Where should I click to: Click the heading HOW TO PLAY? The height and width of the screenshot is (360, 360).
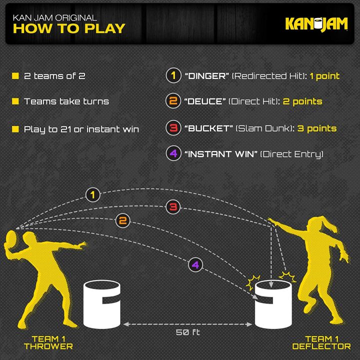click(x=68, y=28)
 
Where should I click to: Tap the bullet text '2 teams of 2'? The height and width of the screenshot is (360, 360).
click(x=54, y=76)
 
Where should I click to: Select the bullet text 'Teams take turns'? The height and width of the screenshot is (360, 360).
click(x=66, y=101)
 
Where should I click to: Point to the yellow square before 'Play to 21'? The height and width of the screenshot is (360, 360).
click(x=15, y=129)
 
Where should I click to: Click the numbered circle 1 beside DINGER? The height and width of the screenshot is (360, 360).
click(x=173, y=76)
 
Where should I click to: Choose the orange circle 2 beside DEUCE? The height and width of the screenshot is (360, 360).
click(x=173, y=101)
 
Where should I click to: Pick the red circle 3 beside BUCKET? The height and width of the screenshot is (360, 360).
click(x=173, y=128)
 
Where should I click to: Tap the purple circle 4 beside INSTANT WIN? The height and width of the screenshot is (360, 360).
click(x=173, y=153)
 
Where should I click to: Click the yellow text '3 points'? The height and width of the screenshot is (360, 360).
click(x=317, y=128)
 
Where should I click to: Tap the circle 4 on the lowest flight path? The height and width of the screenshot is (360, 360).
click(x=195, y=264)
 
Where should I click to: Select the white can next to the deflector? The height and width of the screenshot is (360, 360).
click(x=273, y=304)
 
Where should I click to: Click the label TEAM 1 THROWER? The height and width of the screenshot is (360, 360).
click(x=47, y=342)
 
